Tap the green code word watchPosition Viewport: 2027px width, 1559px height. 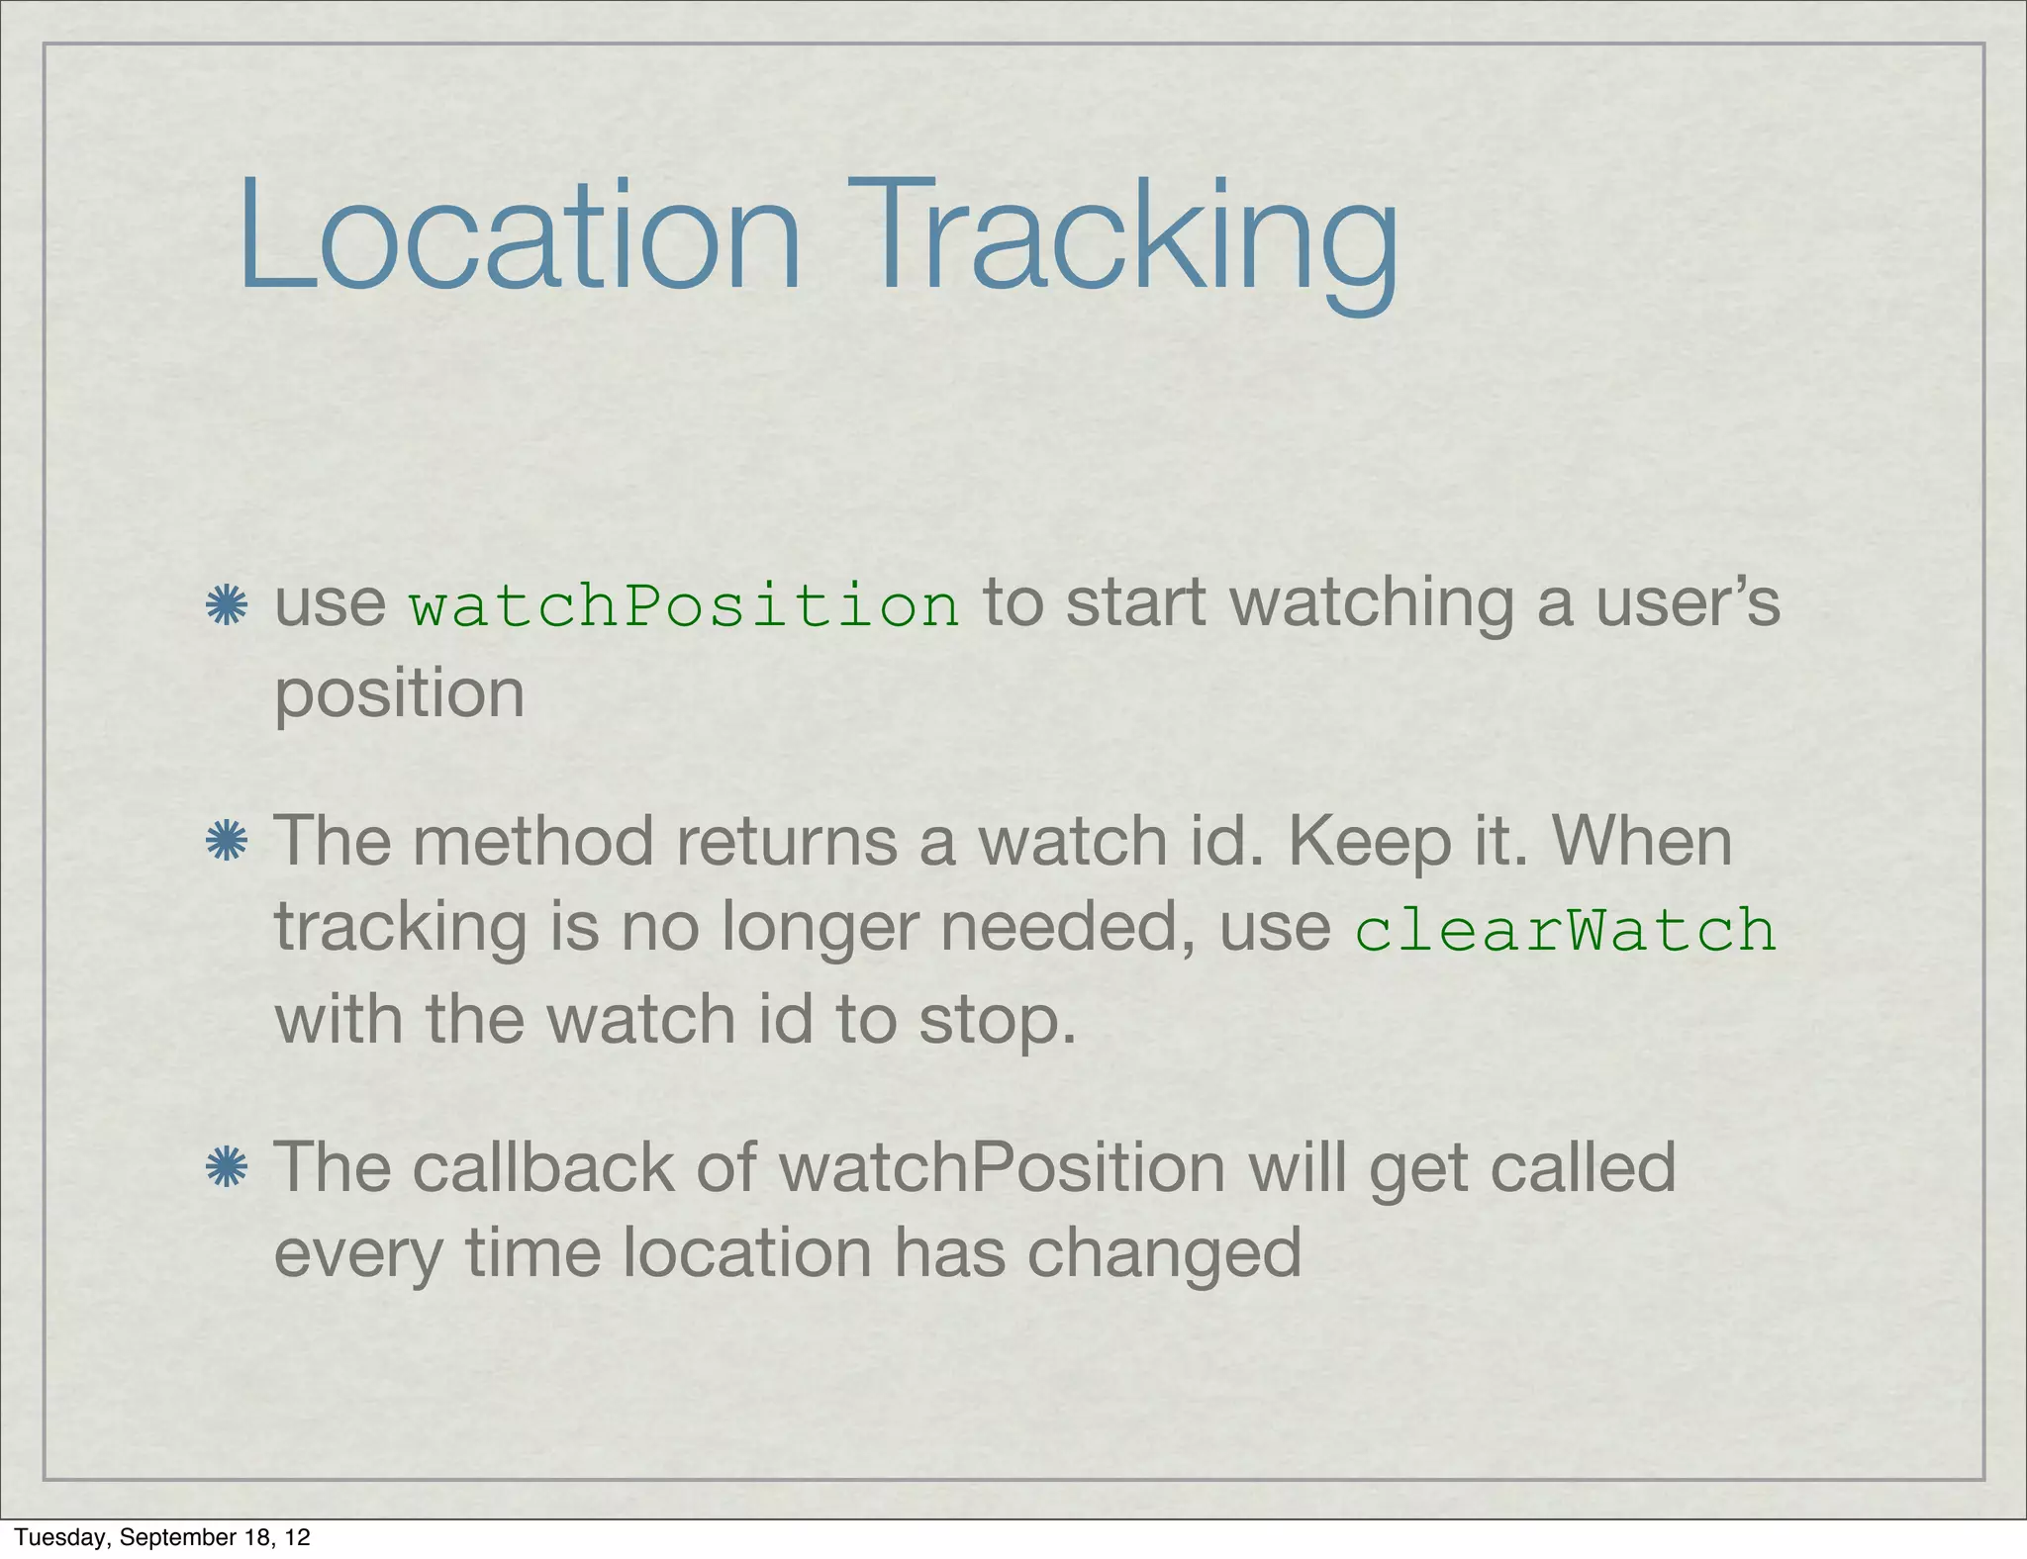(x=684, y=605)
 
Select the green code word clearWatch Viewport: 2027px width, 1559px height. (x=1565, y=931)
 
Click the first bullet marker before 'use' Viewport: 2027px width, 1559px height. (x=227, y=605)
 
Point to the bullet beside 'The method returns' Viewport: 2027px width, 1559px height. (x=227, y=843)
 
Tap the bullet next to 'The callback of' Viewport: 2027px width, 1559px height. (x=227, y=1168)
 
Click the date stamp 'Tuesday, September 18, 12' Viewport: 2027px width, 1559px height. (x=162, y=1536)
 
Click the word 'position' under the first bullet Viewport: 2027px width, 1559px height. (x=399, y=693)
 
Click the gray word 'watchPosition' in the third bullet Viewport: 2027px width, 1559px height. (x=1003, y=1167)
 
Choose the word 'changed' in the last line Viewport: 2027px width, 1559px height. (x=1164, y=1254)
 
